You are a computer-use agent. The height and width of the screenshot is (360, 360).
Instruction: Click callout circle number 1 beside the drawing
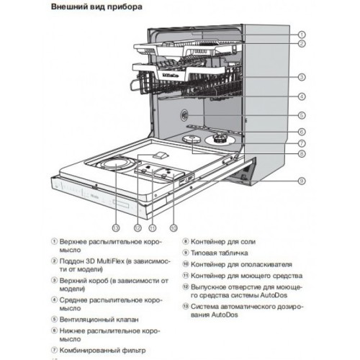pyautogui.click(x=302, y=34)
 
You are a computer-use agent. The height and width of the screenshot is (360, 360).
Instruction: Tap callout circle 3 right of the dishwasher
pyautogui.click(x=302, y=76)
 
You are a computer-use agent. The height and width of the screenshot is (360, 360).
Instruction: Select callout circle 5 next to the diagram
pyautogui.click(x=302, y=114)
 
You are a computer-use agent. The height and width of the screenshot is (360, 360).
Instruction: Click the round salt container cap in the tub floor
pyautogui.click(x=194, y=142)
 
